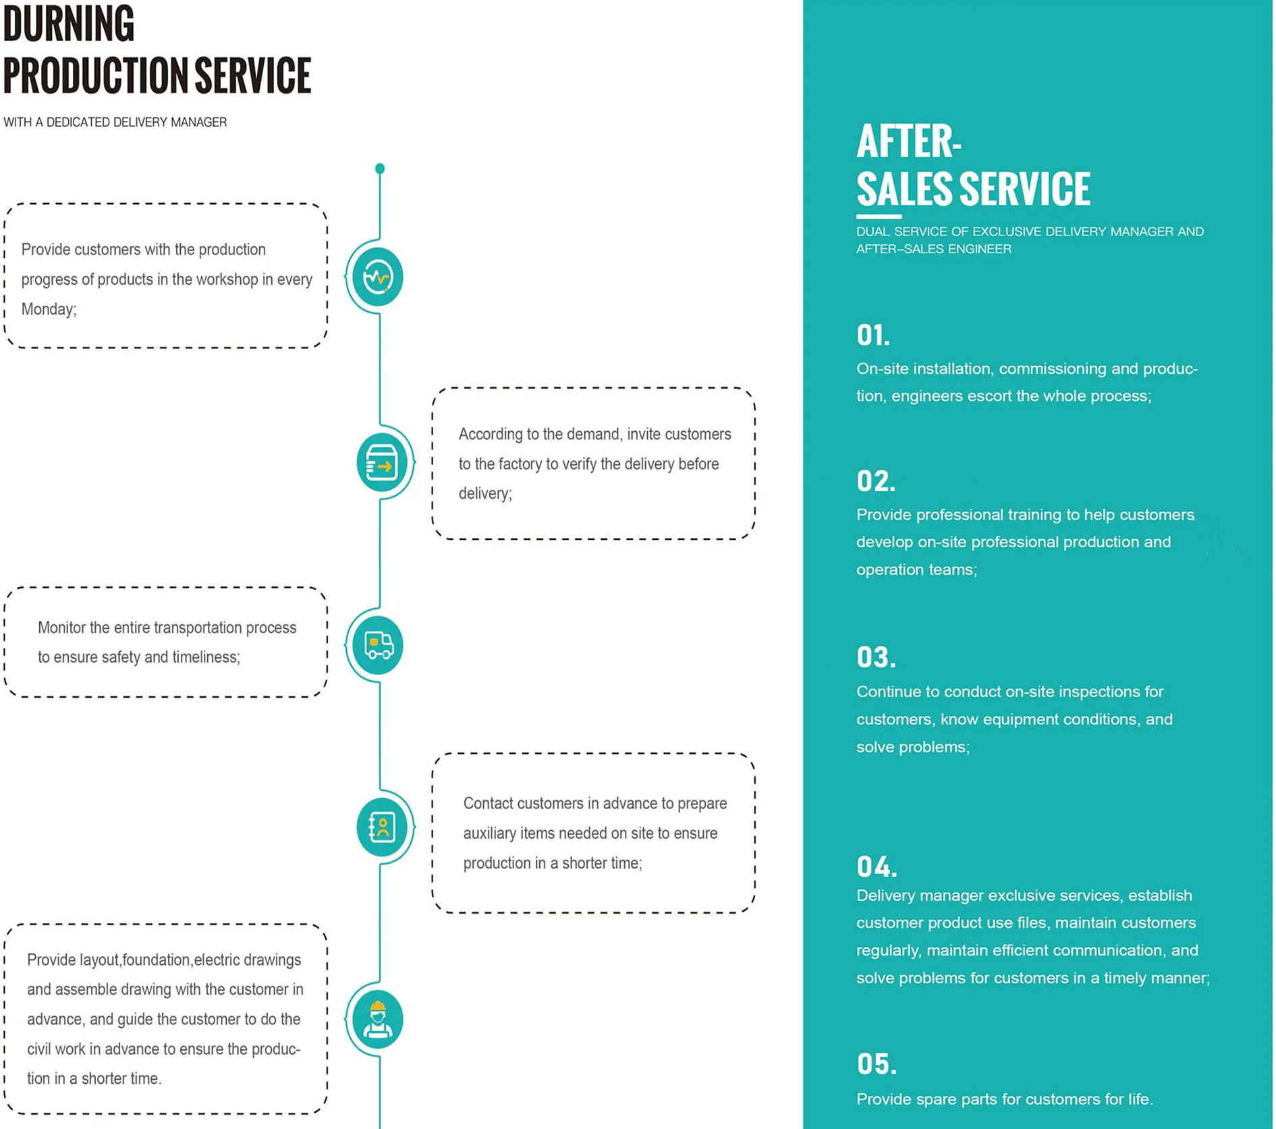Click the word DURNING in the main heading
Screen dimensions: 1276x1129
pyautogui.click(x=69, y=24)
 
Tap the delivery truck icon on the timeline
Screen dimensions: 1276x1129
pyautogui.click(x=378, y=644)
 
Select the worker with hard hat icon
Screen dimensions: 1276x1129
pyautogui.click(x=378, y=1019)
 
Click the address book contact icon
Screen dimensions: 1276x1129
pyautogui.click(x=382, y=827)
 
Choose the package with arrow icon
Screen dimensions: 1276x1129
pyautogui.click(x=382, y=463)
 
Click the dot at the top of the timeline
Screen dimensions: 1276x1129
pyautogui.click(x=380, y=168)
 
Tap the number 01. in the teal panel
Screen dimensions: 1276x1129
pyautogui.click(x=873, y=335)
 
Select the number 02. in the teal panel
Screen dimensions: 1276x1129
pyautogui.click(x=876, y=481)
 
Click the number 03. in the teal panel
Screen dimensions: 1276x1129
pyautogui.click(x=876, y=657)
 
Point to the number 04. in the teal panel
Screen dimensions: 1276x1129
pyautogui.click(x=877, y=866)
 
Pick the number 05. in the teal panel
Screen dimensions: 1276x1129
pyautogui.click(x=877, y=1064)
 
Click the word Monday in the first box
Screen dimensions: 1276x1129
pyautogui.click(x=47, y=309)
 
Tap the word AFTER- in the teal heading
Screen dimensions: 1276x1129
pyautogui.click(x=908, y=142)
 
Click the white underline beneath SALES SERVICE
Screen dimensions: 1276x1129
pyautogui.click(x=879, y=217)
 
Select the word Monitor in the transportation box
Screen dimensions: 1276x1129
pyautogui.click(x=61, y=628)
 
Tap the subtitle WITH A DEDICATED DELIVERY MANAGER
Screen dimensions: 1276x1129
pyautogui.click(x=115, y=122)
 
